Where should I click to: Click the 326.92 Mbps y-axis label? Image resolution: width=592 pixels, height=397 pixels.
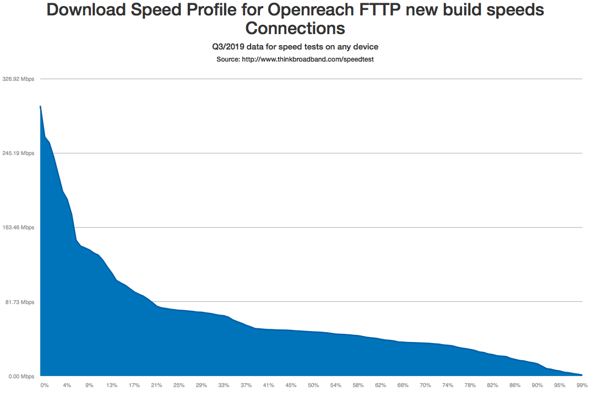click(x=18, y=79)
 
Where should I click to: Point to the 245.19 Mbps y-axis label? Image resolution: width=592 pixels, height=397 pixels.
click(x=18, y=153)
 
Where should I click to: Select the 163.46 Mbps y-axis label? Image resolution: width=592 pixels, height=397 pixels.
click(x=18, y=228)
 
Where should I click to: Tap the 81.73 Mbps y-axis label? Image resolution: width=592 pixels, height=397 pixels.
click(x=19, y=302)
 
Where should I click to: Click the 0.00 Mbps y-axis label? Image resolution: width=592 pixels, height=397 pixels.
click(x=21, y=377)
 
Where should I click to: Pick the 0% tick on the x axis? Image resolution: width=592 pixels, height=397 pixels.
click(x=45, y=385)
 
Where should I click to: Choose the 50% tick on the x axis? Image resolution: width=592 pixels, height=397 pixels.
click(x=313, y=385)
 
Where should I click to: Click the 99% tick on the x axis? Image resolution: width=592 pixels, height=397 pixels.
click(x=580, y=385)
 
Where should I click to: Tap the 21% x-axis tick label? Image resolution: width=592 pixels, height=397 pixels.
click(x=156, y=385)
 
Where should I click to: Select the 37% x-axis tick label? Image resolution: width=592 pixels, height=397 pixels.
click(x=246, y=385)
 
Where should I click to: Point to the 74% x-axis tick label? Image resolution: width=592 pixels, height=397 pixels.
click(x=448, y=385)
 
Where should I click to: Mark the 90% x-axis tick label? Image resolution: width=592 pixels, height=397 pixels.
click(x=537, y=385)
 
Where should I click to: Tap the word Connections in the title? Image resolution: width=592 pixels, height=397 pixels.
click(x=296, y=29)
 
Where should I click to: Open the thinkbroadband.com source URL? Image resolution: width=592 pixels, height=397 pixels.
click(x=308, y=59)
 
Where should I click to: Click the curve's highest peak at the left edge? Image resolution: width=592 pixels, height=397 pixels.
click(x=40, y=106)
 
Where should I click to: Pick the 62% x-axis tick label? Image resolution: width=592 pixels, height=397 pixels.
click(x=381, y=385)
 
